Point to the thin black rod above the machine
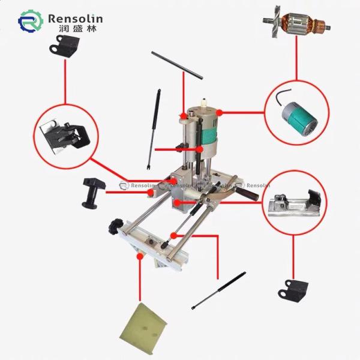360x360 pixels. coord(177,64)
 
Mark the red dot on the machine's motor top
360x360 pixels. coord(220,112)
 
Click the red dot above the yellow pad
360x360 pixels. coord(139,255)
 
